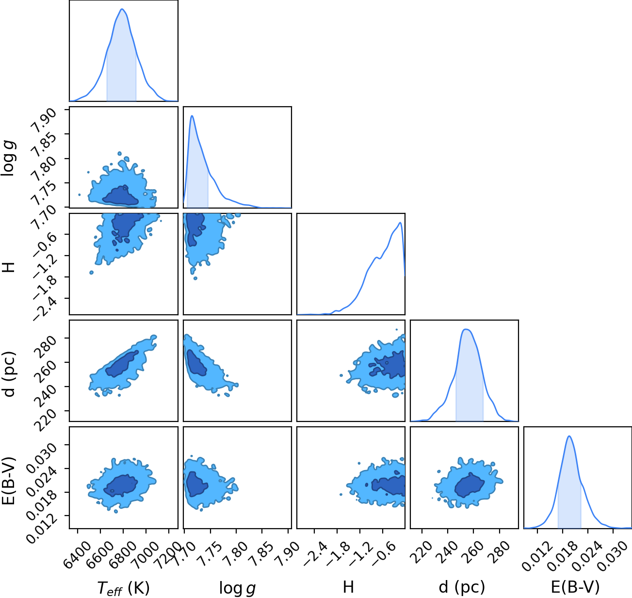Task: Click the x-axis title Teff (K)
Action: tap(124, 588)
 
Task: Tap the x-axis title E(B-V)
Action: tap(575, 587)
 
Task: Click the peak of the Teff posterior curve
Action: tap(122, 9)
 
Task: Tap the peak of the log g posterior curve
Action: tap(192, 116)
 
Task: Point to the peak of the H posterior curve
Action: tap(400, 223)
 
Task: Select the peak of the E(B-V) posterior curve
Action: tap(569, 436)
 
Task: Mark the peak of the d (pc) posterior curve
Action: tap(467, 329)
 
